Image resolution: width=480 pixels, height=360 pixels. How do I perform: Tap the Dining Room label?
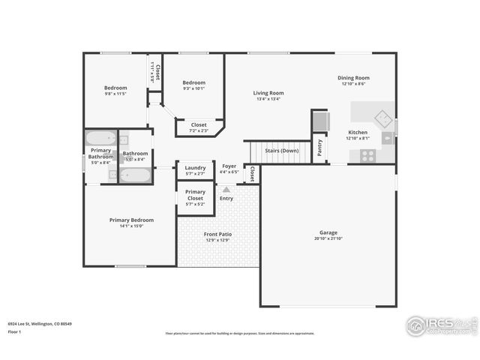tap(355, 78)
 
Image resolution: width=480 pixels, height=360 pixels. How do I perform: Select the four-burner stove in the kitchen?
tap(367, 155)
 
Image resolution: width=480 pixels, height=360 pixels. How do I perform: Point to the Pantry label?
tap(319, 147)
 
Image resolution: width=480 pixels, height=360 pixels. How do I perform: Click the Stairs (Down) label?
tap(281, 151)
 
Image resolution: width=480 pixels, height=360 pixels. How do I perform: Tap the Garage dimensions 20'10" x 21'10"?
tap(328, 238)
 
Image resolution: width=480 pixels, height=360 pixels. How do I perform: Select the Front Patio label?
tap(217, 235)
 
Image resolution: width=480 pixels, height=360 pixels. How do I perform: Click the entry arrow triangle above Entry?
tap(226, 190)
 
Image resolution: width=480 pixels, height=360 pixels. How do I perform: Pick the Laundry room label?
tap(195, 167)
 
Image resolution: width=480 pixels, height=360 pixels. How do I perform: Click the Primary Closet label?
tap(195, 195)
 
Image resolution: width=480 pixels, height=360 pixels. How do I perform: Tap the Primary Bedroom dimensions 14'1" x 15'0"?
tap(131, 226)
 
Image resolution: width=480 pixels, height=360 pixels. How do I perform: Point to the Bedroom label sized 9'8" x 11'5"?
tap(115, 88)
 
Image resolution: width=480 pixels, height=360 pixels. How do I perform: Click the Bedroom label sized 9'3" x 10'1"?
tap(193, 82)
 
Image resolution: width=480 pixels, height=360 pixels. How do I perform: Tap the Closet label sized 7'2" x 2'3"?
tap(199, 124)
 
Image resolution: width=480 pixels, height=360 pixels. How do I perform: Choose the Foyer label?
tap(229, 166)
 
